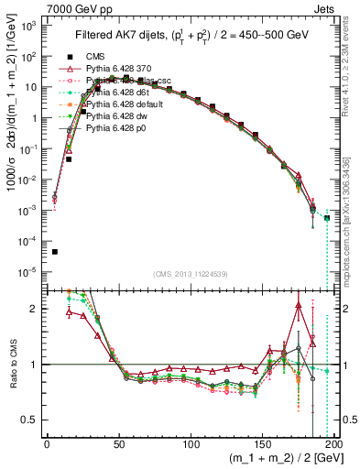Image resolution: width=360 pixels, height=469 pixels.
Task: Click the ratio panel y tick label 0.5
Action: coord(32,420)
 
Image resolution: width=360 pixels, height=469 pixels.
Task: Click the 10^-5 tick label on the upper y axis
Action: coord(30,272)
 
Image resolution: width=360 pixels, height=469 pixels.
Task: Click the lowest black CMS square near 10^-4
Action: coord(55,252)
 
